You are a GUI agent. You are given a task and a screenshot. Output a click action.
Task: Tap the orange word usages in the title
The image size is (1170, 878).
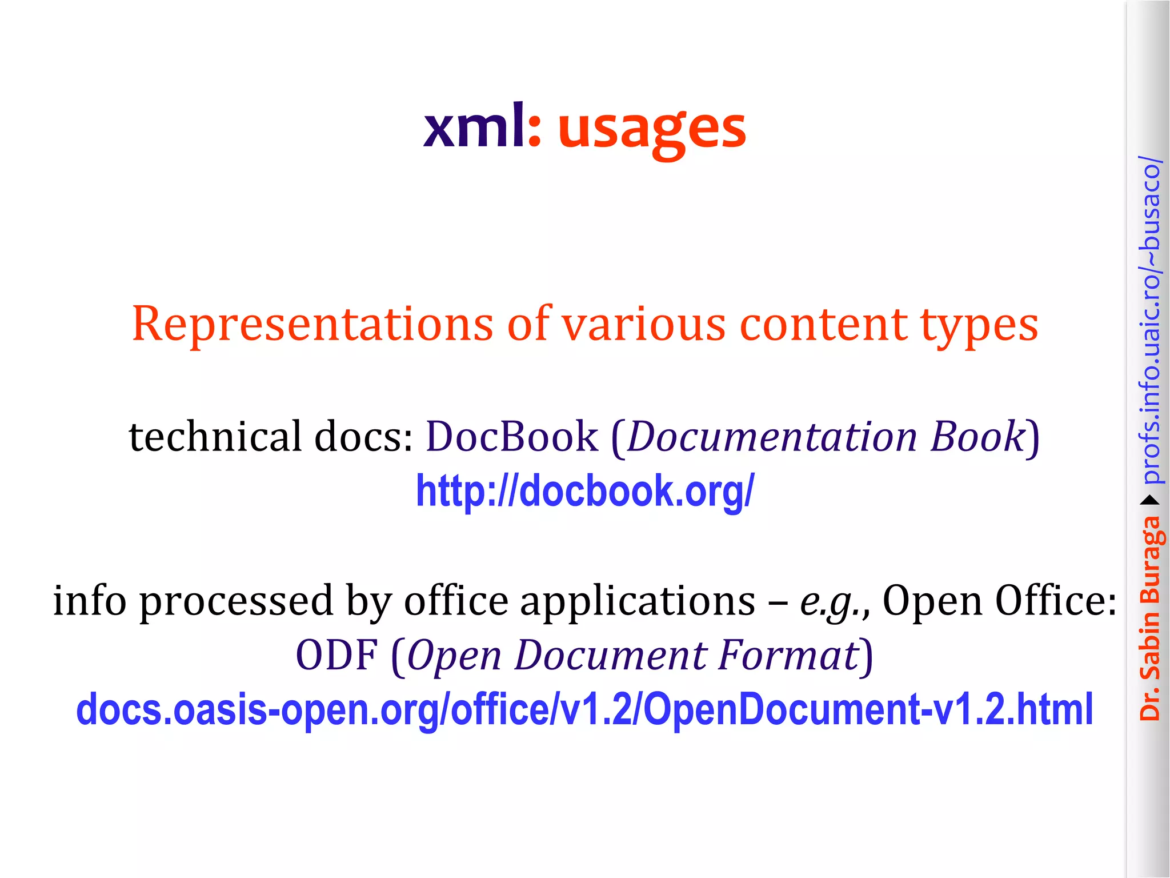[651, 130]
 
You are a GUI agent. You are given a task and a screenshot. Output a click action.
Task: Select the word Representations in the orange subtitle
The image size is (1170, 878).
[312, 324]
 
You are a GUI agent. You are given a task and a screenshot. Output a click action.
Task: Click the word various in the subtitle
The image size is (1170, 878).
[643, 324]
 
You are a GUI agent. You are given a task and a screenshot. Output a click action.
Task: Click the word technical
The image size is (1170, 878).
[215, 436]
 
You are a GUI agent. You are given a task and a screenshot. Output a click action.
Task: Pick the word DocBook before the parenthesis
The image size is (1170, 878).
[512, 436]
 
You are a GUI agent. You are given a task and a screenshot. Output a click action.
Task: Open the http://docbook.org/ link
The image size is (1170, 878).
[584, 491]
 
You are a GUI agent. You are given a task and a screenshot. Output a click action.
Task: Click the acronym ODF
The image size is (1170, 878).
[336, 655]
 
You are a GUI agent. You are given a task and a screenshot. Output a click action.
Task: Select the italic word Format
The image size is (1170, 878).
[788, 655]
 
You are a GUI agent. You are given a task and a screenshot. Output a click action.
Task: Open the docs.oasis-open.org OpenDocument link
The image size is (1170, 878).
[584, 709]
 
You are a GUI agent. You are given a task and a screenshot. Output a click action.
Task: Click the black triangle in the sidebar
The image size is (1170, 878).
[1149, 501]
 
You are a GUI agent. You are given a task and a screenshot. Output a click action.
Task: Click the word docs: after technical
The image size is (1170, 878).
[364, 436]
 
